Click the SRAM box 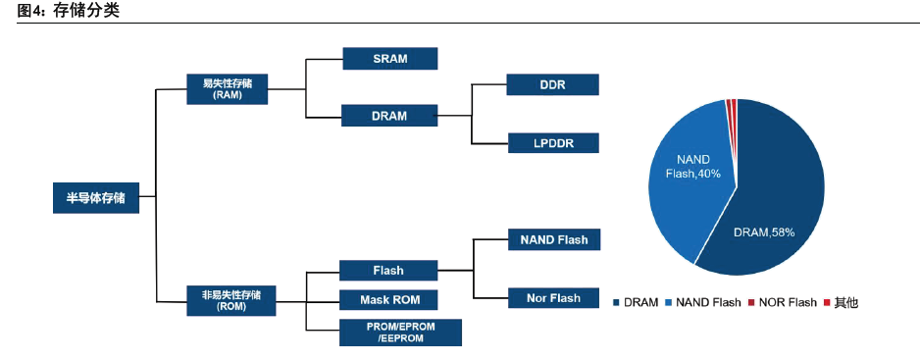coord(390,58)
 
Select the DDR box coord(553,84)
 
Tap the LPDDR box coord(553,142)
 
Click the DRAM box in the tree coord(389,116)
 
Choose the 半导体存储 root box coord(96,198)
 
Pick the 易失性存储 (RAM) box coord(228,89)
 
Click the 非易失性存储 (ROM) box coord(230,301)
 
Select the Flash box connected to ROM coord(388,270)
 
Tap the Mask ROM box coord(388,299)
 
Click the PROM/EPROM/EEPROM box coord(401,333)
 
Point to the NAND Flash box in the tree coord(554,239)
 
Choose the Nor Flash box coord(553,298)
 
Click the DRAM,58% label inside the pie coord(764,232)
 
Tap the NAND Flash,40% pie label coord(693,167)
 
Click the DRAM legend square coord(616,303)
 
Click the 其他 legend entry coord(841,303)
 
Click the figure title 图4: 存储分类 coord(69,11)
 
